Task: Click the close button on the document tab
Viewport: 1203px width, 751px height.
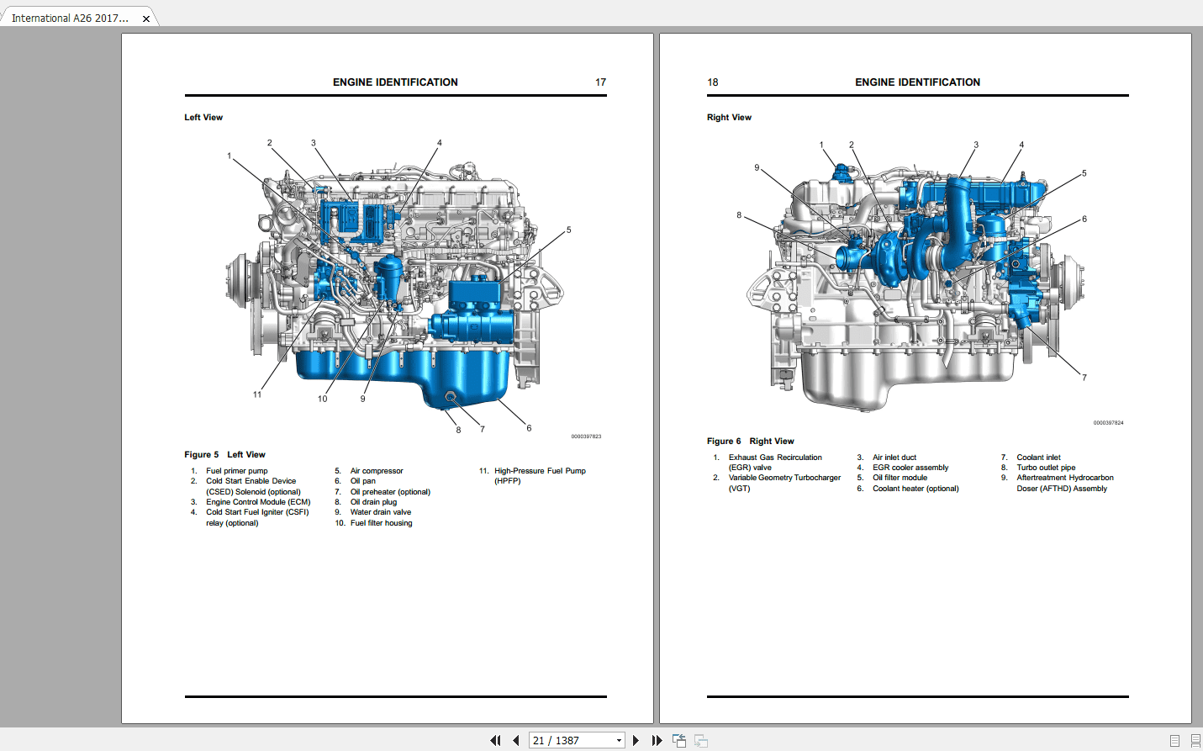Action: pyautogui.click(x=146, y=19)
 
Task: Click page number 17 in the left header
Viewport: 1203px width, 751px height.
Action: pyautogui.click(x=600, y=82)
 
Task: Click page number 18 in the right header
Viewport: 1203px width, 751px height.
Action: pyautogui.click(x=713, y=82)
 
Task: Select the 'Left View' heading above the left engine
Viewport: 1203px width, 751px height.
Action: pyautogui.click(x=203, y=118)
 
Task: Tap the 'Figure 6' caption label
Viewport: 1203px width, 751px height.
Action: pyautogui.click(x=724, y=442)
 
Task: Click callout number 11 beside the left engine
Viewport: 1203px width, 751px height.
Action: pyautogui.click(x=257, y=394)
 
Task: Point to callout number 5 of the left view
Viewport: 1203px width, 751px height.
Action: pyautogui.click(x=568, y=230)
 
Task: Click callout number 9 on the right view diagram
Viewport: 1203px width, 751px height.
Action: pyautogui.click(x=757, y=167)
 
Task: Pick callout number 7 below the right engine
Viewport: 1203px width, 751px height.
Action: pyautogui.click(x=1084, y=378)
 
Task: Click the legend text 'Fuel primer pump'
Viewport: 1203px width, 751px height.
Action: pyautogui.click(x=237, y=471)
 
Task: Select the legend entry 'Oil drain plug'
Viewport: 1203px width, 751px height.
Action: pyautogui.click(x=373, y=502)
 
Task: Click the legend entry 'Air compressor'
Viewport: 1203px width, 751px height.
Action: pyautogui.click(x=377, y=471)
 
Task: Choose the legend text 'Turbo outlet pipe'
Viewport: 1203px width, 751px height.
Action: pyautogui.click(x=1046, y=468)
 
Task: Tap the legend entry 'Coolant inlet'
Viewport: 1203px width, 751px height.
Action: pyautogui.click(x=1038, y=457)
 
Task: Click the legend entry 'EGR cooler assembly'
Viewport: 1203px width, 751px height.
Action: pyautogui.click(x=910, y=468)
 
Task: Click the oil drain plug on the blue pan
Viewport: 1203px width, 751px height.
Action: pyautogui.click(x=451, y=396)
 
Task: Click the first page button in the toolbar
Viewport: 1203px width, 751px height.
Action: pyautogui.click(x=495, y=741)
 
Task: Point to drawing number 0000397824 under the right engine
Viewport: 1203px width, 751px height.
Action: pyautogui.click(x=1108, y=423)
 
